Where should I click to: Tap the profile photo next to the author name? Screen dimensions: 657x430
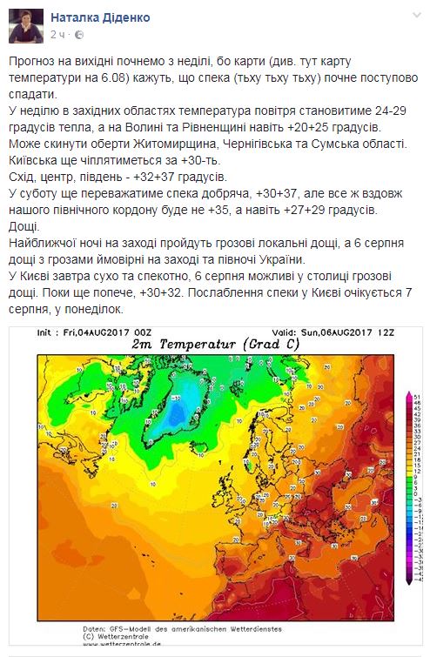point(25,24)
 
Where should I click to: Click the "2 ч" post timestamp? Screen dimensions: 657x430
point(58,34)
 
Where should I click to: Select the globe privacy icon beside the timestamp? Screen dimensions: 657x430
point(78,34)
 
